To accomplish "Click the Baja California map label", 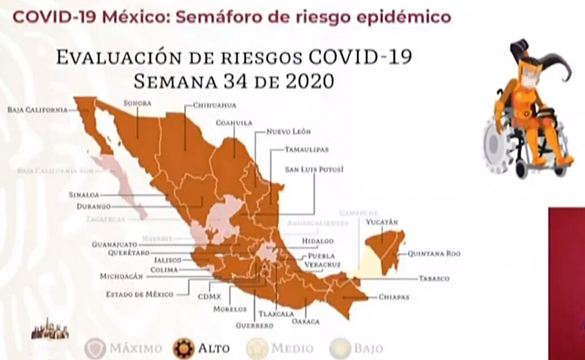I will [38, 110].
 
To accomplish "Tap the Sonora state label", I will [137, 103].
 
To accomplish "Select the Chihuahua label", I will [214, 105].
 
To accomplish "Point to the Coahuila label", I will [234, 122].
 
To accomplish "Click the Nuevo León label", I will [289, 131].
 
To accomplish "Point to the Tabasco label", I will [434, 278].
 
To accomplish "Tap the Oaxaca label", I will [305, 322].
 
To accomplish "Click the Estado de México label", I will [140, 294].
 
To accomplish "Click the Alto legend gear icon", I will [184, 347].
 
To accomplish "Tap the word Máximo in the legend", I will [136, 348].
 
